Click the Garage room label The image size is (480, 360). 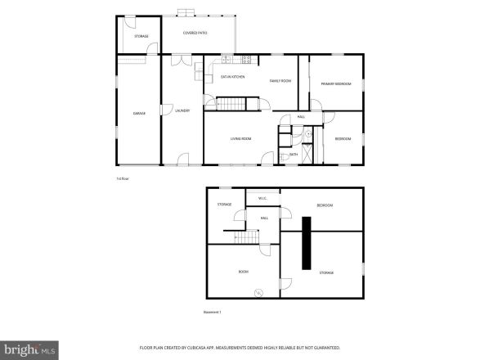(139, 113)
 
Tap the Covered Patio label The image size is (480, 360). (195, 33)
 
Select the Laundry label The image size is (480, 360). (182, 110)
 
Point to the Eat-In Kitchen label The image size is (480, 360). (233, 77)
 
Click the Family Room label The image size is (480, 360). (280, 81)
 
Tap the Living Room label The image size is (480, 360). (240, 139)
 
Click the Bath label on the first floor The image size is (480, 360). (294, 154)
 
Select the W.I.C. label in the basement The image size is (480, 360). (262, 198)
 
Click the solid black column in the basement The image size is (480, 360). (306, 243)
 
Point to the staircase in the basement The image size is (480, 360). (249, 237)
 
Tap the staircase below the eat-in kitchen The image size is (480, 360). (231, 103)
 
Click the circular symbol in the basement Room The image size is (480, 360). (259, 292)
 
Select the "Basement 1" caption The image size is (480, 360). (213, 312)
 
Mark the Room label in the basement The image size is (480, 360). (243, 272)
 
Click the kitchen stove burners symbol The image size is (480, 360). (246, 59)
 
